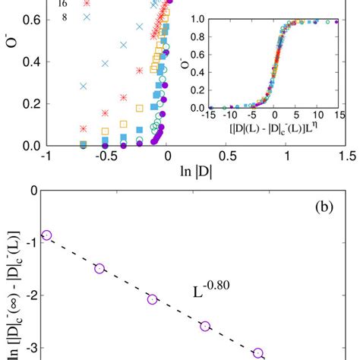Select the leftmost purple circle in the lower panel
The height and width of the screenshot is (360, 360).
coord(46,235)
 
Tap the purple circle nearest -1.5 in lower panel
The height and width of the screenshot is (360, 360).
coord(99,268)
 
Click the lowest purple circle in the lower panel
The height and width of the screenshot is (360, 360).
coord(258,353)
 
